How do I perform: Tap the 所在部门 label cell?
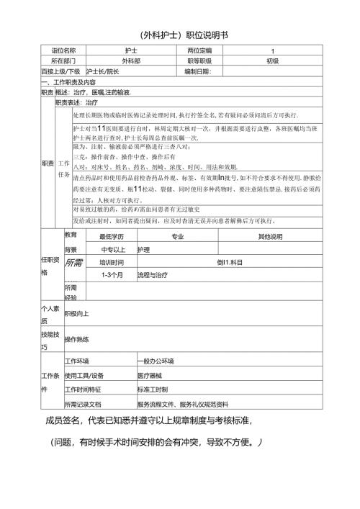point(63,61)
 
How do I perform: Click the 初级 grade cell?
point(272,61)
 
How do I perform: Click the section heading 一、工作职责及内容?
point(74,83)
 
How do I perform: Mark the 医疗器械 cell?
point(151,375)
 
